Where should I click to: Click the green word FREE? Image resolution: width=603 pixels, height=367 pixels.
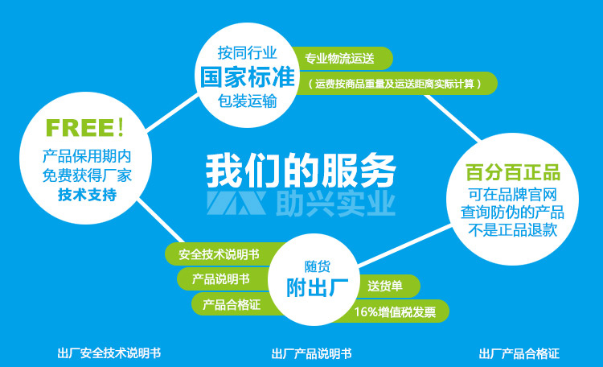84,127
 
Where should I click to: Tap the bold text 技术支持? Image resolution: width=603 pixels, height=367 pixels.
88,195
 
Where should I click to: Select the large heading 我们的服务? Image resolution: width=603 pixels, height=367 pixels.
301,170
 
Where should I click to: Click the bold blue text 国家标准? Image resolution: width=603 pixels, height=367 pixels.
248,77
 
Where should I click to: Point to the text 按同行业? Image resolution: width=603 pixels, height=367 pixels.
248,52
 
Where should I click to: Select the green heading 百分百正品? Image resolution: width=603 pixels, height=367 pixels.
513,172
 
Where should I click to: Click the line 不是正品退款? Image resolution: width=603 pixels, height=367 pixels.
513,230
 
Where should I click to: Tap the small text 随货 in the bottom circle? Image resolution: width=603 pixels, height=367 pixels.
318,266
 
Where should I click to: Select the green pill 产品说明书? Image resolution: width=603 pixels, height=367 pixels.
223,278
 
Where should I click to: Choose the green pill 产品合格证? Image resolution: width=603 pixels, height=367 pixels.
232,304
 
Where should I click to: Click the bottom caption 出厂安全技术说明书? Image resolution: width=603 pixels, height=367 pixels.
109,353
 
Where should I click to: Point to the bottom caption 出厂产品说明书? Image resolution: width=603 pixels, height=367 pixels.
311,353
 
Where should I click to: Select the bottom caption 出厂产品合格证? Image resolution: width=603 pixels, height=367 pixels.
519,353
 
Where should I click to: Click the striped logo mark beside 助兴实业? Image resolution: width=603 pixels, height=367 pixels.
236,203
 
